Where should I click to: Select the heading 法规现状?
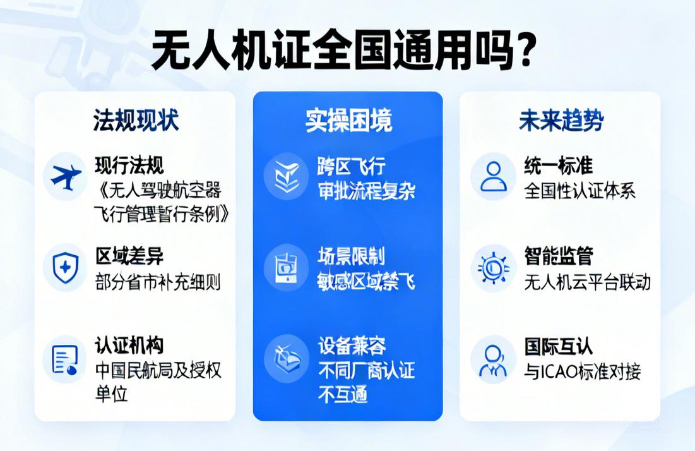(136, 119)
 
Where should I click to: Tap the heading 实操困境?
(348, 120)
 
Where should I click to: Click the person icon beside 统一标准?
(493, 176)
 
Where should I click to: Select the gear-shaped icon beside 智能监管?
(493, 267)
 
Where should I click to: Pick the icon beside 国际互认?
(493, 358)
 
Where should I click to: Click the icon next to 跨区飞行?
(286, 176)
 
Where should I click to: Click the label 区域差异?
(129, 256)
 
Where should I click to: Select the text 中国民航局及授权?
(158, 370)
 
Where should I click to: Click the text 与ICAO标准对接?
(582, 371)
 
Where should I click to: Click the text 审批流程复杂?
(366, 191)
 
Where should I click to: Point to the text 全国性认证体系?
(579, 191)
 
